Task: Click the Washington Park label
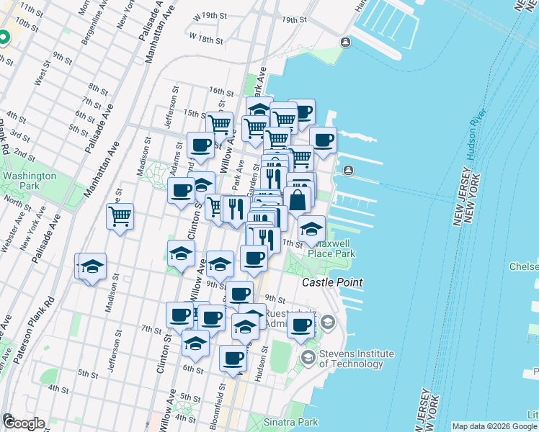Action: pos(28,181)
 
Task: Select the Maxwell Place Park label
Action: pos(331,248)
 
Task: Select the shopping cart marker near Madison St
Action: pos(120,215)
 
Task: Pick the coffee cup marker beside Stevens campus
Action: pos(301,324)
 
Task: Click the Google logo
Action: pos(23,423)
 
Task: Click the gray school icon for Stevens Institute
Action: pos(308,357)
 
